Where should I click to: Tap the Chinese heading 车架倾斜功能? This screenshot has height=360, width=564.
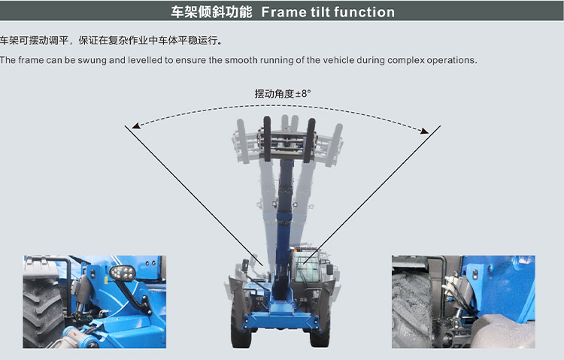click(x=211, y=12)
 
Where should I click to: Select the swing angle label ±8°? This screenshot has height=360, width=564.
click(x=303, y=94)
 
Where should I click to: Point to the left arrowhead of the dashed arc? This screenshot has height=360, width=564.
click(x=135, y=126)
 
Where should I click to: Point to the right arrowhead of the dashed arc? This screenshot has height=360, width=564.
click(x=425, y=131)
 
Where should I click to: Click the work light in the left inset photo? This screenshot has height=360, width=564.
click(x=122, y=273)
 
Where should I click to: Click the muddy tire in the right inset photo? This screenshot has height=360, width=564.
click(x=412, y=310)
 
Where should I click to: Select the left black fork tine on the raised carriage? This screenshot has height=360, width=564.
click(x=267, y=139)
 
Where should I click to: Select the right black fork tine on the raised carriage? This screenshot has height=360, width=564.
click(x=310, y=141)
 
